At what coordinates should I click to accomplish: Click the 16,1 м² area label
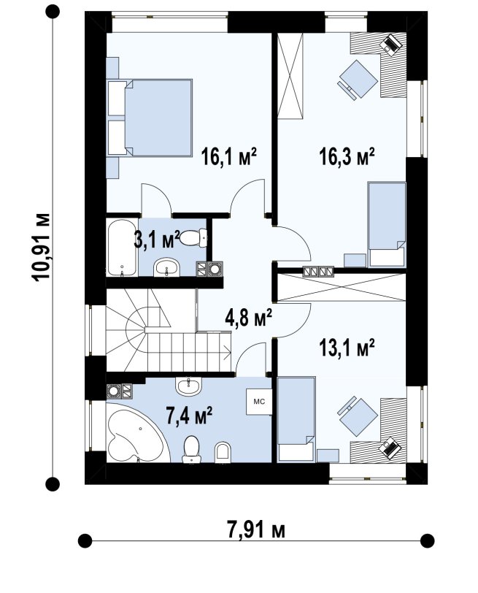(x=229, y=156)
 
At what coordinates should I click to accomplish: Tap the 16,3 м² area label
(x=347, y=156)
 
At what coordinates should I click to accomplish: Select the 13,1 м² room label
(x=347, y=348)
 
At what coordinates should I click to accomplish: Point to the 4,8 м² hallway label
(x=249, y=318)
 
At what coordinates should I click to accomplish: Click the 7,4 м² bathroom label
(x=189, y=416)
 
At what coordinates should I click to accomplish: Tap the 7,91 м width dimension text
(x=256, y=530)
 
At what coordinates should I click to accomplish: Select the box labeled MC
(x=259, y=402)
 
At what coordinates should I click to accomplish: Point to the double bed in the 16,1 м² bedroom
(x=150, y=118)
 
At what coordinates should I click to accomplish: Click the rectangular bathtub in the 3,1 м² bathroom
(x=122, y=248)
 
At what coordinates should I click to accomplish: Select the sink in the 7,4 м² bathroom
(x=188, y=386)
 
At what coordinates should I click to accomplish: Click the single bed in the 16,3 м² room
(x=387, y=225)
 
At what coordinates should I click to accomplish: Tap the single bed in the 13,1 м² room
(x=296, y=419)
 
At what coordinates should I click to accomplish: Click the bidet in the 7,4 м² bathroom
(x=222, y=452)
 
